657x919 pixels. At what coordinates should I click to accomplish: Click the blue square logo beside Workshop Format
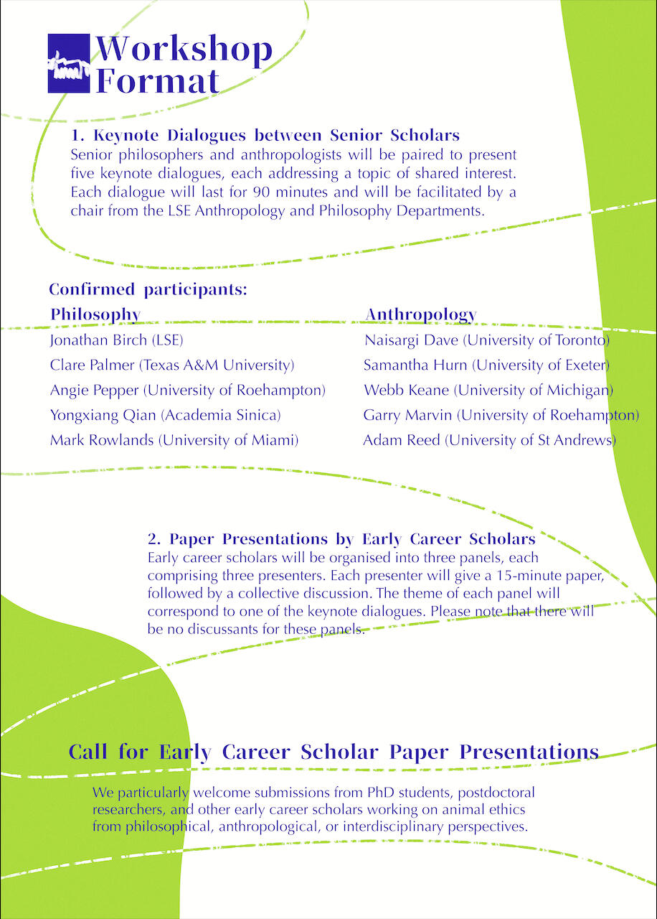69,63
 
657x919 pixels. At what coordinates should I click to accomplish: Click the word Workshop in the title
184,50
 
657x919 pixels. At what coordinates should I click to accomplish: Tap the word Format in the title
157,80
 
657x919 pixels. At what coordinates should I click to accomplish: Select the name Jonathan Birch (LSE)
111,340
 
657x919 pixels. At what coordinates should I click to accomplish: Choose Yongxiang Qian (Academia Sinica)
165,415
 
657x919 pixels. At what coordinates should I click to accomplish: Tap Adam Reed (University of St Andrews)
489,440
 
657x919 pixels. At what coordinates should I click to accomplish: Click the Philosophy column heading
95,314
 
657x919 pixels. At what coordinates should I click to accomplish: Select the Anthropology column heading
421,314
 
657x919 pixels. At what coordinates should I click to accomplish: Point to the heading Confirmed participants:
148,290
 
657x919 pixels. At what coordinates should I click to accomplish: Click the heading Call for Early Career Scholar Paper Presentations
334,752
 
